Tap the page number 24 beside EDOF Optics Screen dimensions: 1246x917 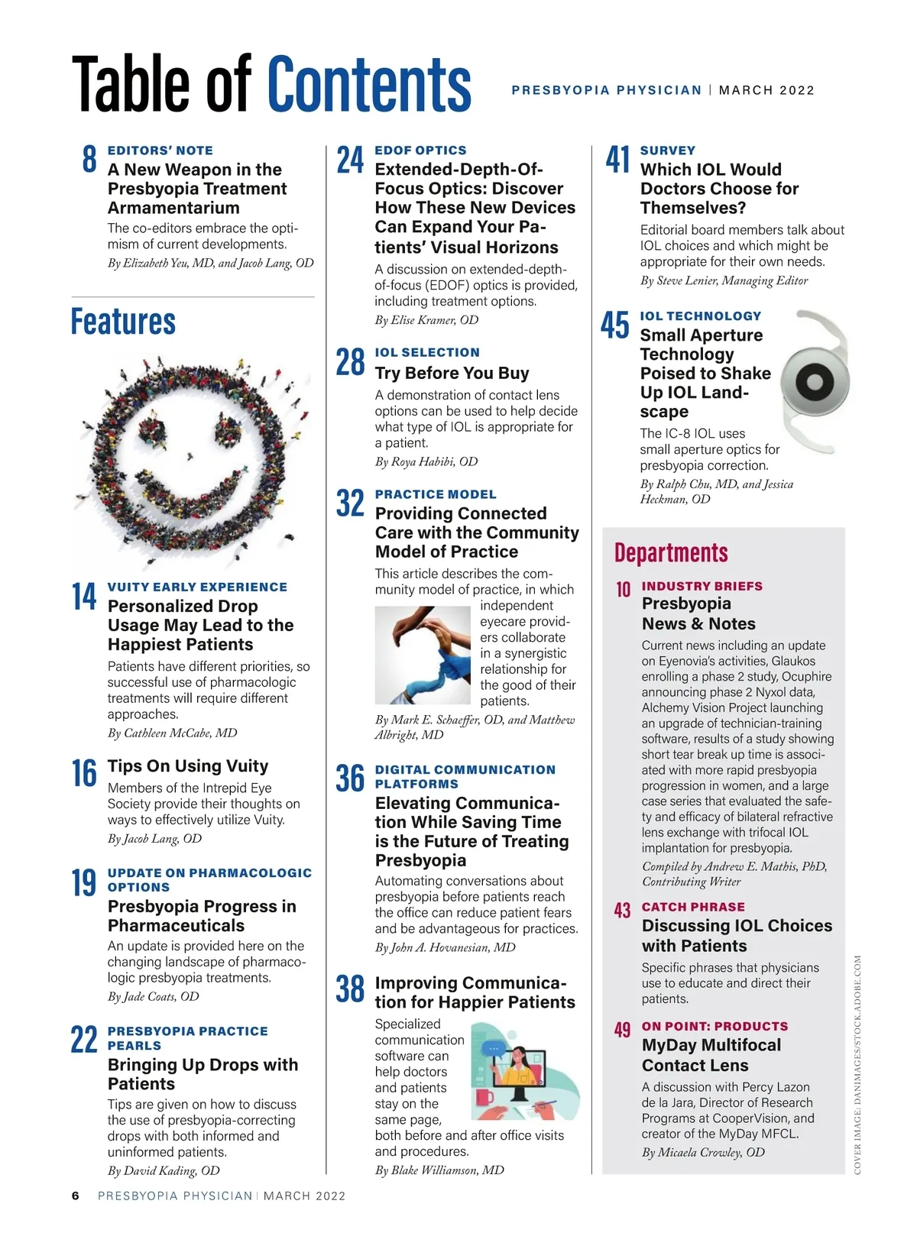tap(350, 160)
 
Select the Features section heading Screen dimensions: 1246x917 tap(123, 322)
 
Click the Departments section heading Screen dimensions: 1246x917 tap(671, 552)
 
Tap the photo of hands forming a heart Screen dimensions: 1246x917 tap(423, 655)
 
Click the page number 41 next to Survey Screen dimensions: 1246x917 tap(617, 160)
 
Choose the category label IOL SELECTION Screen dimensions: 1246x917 tap(427, 352)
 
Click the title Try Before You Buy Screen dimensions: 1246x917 tap(452, 373)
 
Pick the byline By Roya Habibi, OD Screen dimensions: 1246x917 tap(426, 461)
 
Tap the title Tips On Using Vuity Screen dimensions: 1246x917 tap(188, 765)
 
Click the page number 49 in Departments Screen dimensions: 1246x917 tap(623, 1030)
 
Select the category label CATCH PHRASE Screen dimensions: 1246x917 tap(693, 907)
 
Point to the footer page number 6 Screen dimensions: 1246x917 tap(76, 1196)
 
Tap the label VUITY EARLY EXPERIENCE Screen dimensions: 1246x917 tap(197, 587)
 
